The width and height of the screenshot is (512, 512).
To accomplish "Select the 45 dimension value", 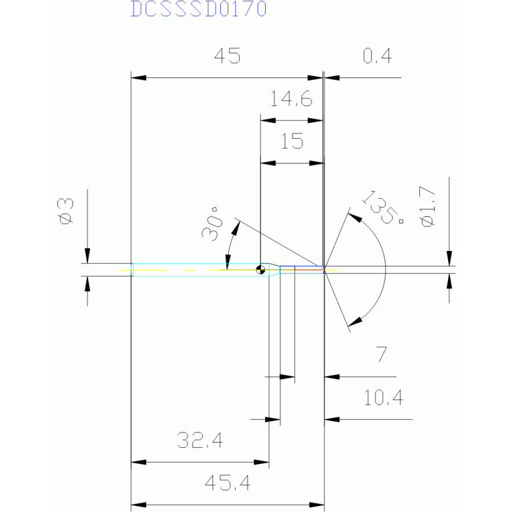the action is [226, 57].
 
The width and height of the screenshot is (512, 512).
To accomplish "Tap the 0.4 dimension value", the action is [377, 57].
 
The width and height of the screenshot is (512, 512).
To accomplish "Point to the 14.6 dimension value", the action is [291, 100].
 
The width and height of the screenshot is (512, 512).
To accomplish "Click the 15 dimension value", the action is [291, 142].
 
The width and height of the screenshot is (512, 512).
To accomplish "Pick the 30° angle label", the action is [212, 226].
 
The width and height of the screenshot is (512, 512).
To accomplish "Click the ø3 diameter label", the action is [67, 212].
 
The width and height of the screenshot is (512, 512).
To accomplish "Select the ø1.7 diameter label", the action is [428, 208].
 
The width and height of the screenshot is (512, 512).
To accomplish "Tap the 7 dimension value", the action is [381, 355].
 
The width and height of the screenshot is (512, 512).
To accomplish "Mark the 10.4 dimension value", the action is [383, 399].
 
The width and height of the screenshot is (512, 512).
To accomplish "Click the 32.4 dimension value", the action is [200, 441].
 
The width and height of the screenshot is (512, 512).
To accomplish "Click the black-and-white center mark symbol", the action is [261, 270].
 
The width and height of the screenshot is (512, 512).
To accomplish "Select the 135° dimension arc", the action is [385, 270].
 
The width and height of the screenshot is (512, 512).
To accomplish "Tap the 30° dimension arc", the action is [228, 247].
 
